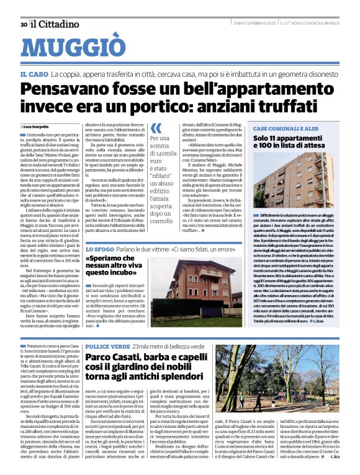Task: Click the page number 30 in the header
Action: (23, 24)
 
